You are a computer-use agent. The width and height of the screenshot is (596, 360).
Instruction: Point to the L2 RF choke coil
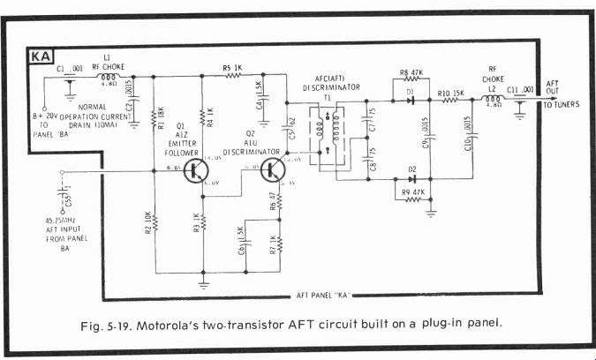[x=495, y=99]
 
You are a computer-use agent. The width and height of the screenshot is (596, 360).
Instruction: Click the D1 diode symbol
[x=410, y=100]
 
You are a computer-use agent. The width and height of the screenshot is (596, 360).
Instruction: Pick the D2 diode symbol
[x=410, y=179]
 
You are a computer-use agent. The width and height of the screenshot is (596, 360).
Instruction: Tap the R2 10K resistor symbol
[x=155, y=225]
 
